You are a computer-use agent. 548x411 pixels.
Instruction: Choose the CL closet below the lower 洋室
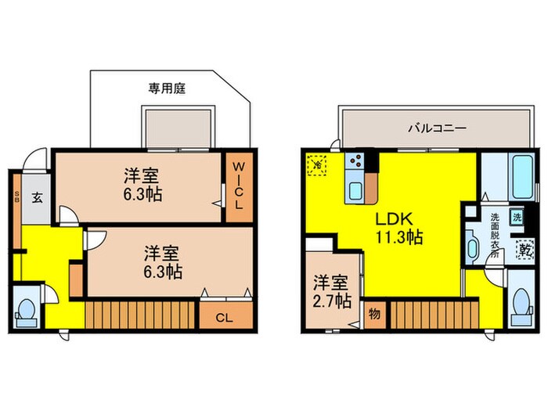(224, 317)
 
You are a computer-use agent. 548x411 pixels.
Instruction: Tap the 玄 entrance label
(37, 197)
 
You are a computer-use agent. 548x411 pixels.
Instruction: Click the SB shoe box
(16, 199)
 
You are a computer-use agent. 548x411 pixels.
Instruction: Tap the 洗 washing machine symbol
(517, 217)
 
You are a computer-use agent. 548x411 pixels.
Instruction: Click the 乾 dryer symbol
(521, 251)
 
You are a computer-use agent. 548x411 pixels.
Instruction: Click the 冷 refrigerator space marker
(318, 166)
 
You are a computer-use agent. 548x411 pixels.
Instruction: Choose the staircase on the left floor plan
(139, 316)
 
